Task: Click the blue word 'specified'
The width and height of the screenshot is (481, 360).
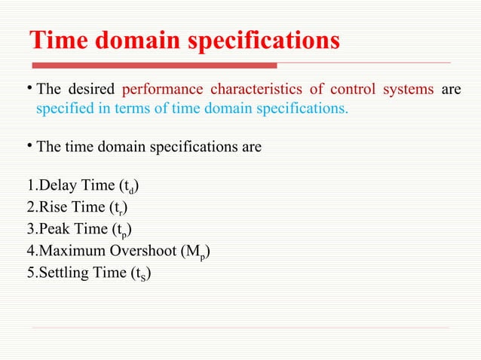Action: click(x=63, y=108)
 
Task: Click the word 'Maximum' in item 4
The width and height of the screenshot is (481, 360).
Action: click(x=66, y=251)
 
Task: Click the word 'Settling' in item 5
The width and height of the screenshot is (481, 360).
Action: click(x=58, y=273)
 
